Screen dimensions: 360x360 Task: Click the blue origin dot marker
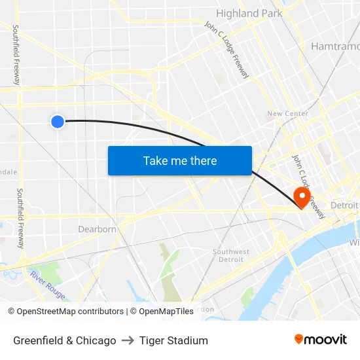[58, 121]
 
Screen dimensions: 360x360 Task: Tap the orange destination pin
[302, 196]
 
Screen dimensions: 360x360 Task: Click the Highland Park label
[249, 13]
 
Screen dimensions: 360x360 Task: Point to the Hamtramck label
[335, 46]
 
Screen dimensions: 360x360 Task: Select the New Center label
[287, 114]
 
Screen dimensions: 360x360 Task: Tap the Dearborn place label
[97, 229]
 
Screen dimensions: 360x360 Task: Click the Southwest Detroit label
[231, 255]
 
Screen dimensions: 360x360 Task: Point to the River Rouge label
[47, 285]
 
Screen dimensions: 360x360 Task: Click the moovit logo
[320, 340]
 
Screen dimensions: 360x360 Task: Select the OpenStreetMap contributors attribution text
[65, 312]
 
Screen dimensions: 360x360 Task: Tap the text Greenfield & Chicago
[65, 340]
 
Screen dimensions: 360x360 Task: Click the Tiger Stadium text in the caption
[173, 340]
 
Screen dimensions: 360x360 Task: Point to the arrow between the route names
[128, 340]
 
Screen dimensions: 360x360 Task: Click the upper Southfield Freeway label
[16, 56]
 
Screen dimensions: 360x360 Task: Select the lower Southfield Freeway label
[20, 218]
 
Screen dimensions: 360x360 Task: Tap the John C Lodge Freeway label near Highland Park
[226, 50]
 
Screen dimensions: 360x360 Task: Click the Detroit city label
[344, 206]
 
